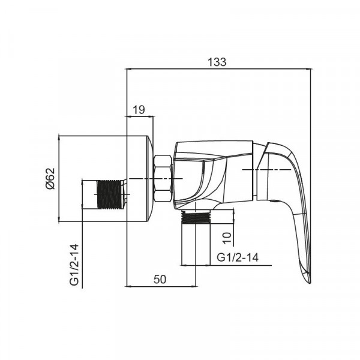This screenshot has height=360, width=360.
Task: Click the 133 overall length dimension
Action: (x=219, y=62)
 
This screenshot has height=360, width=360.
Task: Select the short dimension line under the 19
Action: (x=140, y=116)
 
